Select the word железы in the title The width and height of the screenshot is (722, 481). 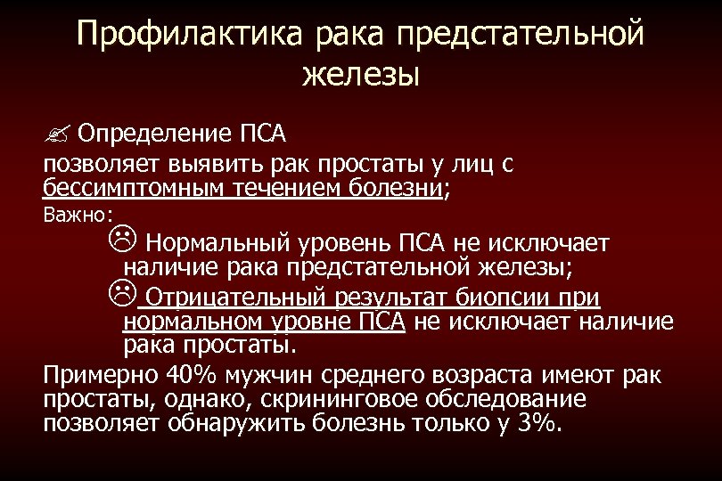[360, 74]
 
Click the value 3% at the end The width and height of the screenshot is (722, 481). [534, 422]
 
